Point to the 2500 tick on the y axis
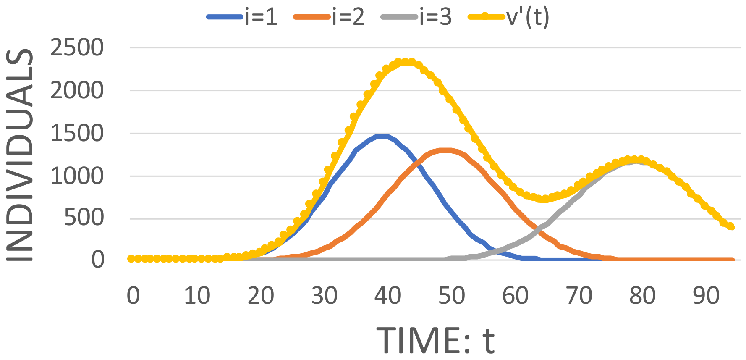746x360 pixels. [x=77, y=47]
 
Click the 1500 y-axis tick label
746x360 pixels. [x=77, y=134]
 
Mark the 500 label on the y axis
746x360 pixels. [x=84, y=218]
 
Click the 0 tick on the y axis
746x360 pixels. [x=98, y=260]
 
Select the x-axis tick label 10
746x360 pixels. [x=197, y=296]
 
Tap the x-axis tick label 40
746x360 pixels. [x=387, y=296]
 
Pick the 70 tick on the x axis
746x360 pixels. [x=579, y=296]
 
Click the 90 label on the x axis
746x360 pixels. [x=706, y=296]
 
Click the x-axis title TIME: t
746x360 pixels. [x=435, y=340]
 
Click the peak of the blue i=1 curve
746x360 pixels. [x=382, y=137]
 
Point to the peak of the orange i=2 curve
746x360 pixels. [x=446, y=150]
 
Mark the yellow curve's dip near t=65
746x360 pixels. [x=544, y=199]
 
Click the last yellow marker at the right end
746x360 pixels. [x=731, y=227]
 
